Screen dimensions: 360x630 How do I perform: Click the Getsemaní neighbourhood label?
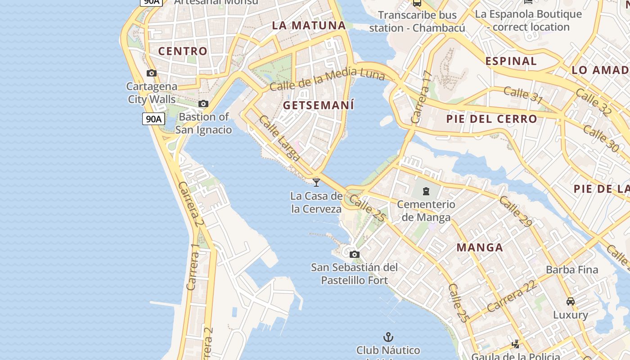318,105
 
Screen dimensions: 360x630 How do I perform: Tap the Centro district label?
183,51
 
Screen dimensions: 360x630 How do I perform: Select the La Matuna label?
309,25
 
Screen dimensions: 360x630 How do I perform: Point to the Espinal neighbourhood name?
511,61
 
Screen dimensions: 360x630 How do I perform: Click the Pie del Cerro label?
491,119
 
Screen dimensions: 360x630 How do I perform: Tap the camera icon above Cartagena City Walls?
152,73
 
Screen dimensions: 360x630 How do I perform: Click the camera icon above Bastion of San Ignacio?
203,104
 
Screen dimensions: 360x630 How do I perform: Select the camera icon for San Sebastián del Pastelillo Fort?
355,254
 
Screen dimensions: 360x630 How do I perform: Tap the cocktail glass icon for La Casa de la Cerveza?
316,182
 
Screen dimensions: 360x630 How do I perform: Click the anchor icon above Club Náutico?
388,337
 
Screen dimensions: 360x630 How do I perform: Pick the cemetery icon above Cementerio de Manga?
426,191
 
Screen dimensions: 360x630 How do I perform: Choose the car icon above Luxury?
571,301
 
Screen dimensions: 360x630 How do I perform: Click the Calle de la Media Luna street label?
327,78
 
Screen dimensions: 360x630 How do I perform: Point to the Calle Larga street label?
279,138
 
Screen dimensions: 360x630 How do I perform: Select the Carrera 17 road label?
422,98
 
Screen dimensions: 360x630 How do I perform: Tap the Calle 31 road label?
523,95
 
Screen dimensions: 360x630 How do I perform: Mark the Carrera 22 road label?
512,296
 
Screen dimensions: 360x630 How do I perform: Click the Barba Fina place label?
572,270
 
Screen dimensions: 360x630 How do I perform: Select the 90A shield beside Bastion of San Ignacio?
153,119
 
